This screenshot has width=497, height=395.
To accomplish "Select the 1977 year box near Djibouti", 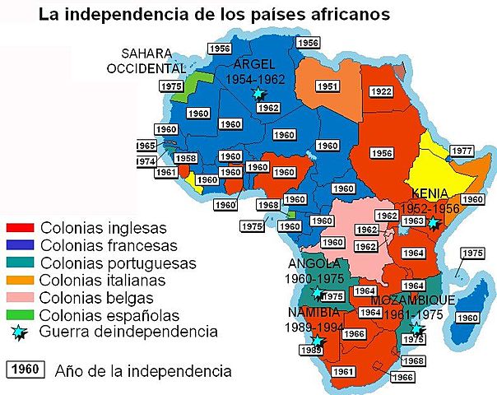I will click(462, 151).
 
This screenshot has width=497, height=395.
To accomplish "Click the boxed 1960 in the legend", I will click(28, 369).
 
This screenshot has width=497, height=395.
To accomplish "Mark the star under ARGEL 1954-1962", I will click(260, 93).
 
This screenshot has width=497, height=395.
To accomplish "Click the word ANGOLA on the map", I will click(312, 264).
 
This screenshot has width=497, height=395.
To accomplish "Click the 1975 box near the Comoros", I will click(472, 253).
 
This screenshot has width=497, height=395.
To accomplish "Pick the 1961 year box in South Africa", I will click(344, 372).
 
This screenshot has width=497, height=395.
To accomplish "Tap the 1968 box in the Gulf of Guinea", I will click(267, 205).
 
